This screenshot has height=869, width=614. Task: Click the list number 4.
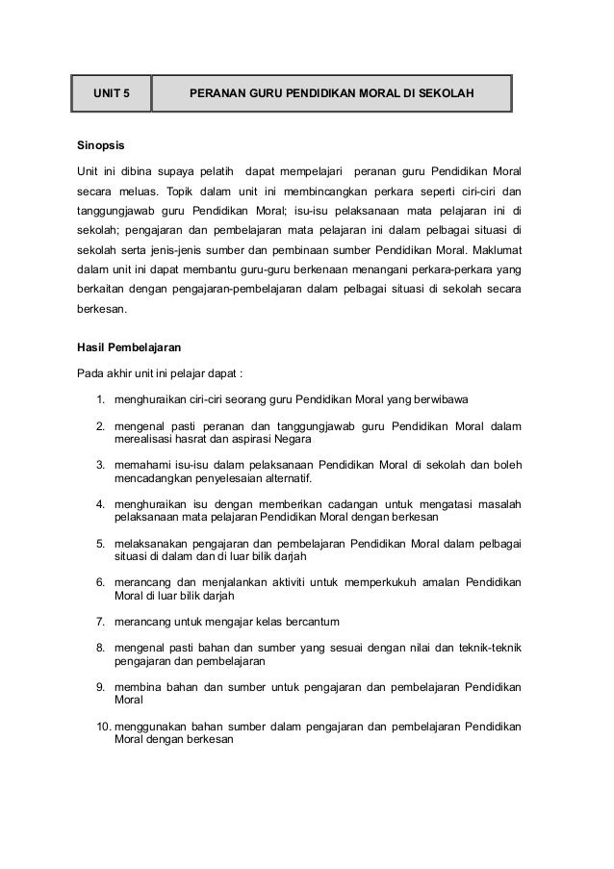point(100,503)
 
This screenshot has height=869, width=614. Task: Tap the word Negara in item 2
point(292,438)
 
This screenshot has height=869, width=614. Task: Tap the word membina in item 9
point(137,688)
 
